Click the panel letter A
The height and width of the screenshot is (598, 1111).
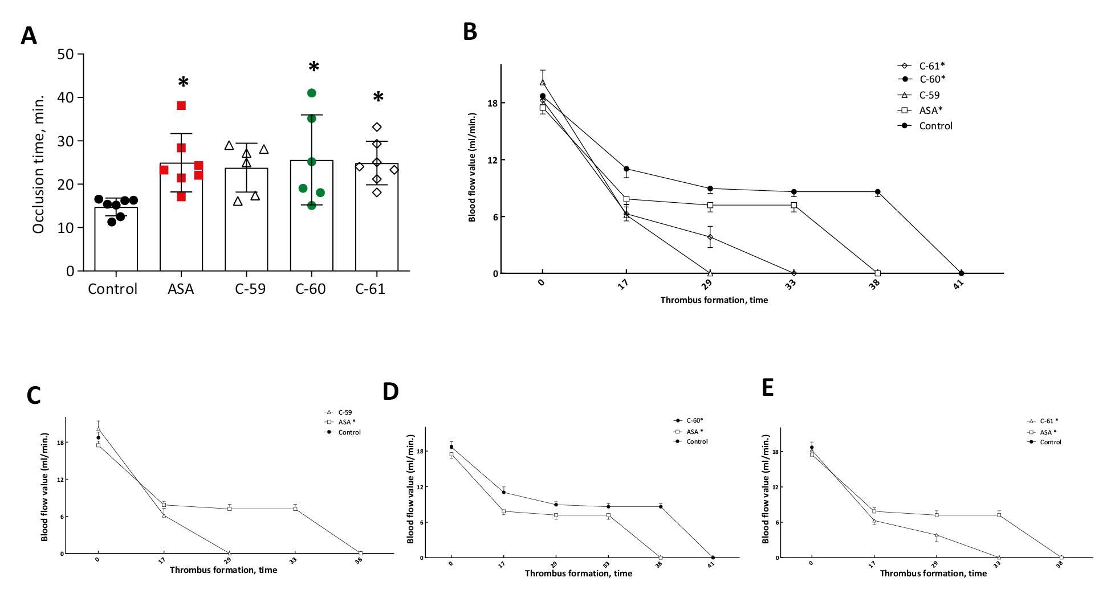[x=29, y=36]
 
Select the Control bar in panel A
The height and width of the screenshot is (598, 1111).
[x=116, y=239]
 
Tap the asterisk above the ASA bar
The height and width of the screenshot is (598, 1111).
[x=183, y=83]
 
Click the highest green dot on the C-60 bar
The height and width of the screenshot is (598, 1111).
[x=311, y=93]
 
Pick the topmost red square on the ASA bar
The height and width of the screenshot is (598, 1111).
[x=181, y=105]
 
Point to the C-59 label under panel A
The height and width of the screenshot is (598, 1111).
[x=250, y=289]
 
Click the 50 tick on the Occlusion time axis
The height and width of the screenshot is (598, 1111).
[x=66, y=55]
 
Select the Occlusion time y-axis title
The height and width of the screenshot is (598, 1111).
[x=38, y=165]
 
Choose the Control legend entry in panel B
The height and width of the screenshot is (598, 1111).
[x=935, y=126]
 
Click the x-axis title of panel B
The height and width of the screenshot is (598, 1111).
[x=714, y=300]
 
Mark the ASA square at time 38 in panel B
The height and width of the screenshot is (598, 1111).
[x=877, y=273]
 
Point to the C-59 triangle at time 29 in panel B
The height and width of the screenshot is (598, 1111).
[x=710, y=273]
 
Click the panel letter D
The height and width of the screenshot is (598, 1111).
[x=390, y=392]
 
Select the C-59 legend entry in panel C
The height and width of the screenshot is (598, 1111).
[x=345, y=412]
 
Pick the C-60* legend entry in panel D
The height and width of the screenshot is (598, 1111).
[x=694, y=421]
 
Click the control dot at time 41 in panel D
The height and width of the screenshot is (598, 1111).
[x=713, y=558]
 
